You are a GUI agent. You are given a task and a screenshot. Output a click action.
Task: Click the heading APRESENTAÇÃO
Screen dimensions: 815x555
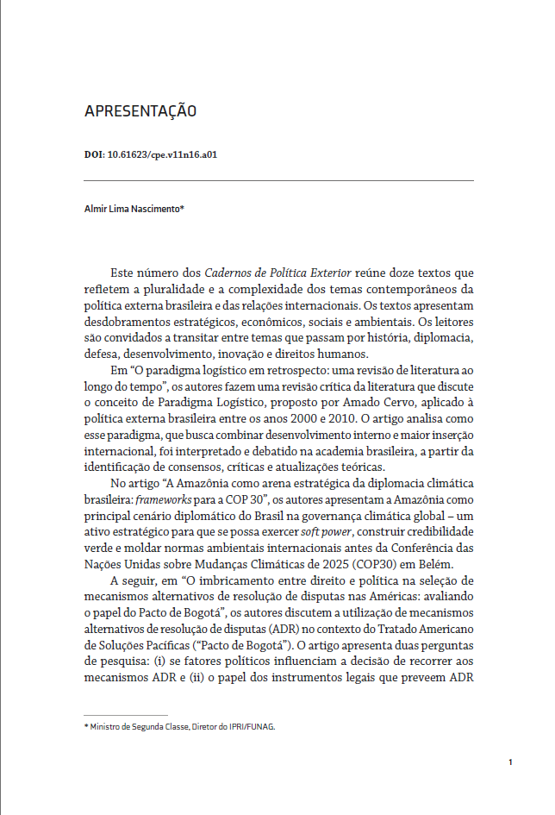[140, 111]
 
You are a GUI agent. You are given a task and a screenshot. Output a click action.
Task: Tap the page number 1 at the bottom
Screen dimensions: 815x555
[510, 762]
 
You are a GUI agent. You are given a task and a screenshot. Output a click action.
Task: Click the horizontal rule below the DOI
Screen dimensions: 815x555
[278, 180]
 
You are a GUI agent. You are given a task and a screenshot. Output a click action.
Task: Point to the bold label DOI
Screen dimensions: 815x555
[93, 155]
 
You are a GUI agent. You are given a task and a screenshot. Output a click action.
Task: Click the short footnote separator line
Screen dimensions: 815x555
[126, 715]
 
